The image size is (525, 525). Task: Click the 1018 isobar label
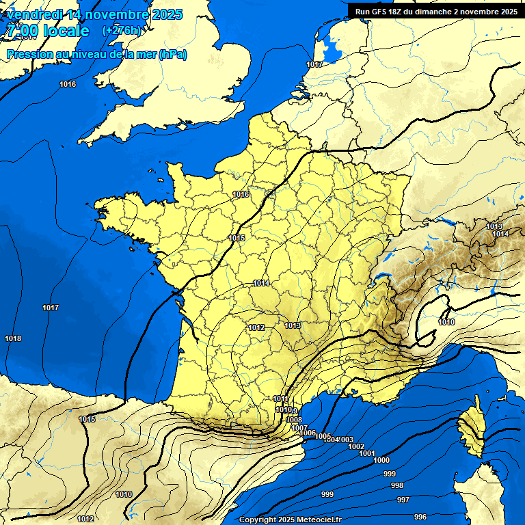click(12, 338)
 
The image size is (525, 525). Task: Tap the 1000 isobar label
click(381, 460)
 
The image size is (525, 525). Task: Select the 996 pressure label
click(420, 517)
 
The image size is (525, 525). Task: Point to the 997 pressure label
click(403, 500)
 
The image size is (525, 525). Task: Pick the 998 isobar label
click(396, 485)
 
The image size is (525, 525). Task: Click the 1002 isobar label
click(356, 446)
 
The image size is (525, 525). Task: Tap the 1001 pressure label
click(366, 453)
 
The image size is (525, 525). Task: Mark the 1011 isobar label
click(280, 399)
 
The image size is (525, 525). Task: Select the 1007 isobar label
click(299, 428)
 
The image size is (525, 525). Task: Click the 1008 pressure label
click(294, 420)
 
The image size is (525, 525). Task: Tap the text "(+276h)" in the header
click(122, 31)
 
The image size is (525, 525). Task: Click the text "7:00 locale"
click(48, 31)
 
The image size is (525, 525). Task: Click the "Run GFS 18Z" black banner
click(436, 12)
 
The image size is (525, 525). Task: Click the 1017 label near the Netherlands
click(314, 64)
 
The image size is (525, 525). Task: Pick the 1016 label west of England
click(68, 84)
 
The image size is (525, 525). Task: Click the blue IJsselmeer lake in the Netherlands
click(333, 48)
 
